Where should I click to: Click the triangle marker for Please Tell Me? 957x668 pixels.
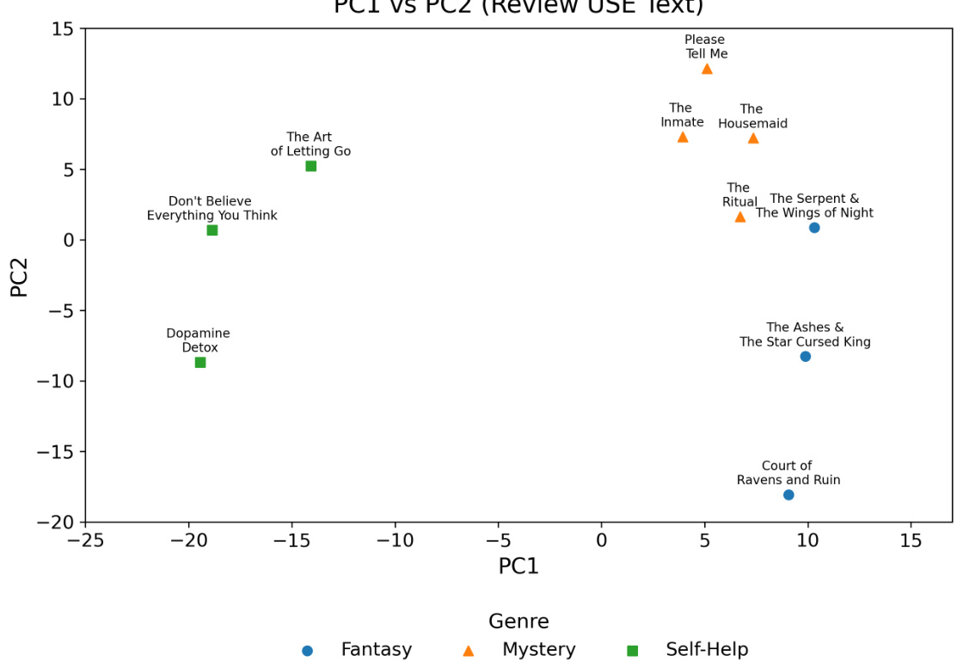tap(707, 69)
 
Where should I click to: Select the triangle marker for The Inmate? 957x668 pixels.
tap(683, 137)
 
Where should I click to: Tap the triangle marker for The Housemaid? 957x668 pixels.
tap(753, 138)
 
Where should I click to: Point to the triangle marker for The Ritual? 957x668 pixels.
tap(740, 217)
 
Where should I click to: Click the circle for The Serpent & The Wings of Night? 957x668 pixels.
tap(814, 228)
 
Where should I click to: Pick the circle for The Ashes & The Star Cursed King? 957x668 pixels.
tap(805, 357)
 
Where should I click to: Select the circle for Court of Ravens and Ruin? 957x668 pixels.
tap(788, 494)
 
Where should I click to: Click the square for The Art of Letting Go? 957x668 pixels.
tap(311, 166)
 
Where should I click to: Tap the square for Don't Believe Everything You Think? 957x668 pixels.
tap(212, 230)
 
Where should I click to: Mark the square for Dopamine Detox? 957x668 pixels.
tap(200, 363)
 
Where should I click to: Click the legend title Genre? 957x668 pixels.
tap(518, 622)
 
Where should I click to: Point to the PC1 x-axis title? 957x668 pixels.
tap(518, 567)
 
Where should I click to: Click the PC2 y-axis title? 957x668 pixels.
tap(20, 277)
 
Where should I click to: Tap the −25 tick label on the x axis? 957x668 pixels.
tap(85, 540)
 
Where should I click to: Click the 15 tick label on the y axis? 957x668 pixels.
tap(63, 29)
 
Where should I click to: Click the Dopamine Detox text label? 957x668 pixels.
tap(199, 340)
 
